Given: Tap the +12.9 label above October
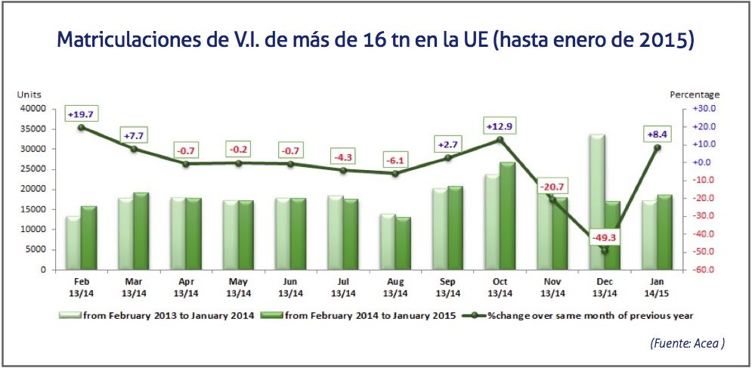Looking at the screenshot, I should pyautogui.click(x=500, y=125).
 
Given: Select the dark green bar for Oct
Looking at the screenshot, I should pyautogui.click(x=507, y=215).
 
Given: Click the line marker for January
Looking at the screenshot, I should pyautogui.click(x=657, y=147).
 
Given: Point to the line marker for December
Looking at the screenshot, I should pyautogui.click(x=605, y=250).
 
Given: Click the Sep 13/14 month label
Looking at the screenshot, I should pyautogui.click(x=447, y=287).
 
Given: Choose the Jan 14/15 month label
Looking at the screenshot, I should pyautogui.click(x=657, y=287).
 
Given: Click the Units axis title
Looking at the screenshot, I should pyautogui.click(x=29, y=94).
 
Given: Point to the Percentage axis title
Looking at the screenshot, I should pyautogui.click(x=695, y=94).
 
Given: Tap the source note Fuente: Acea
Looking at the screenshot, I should pyautogui.click(x=687, y=343).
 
